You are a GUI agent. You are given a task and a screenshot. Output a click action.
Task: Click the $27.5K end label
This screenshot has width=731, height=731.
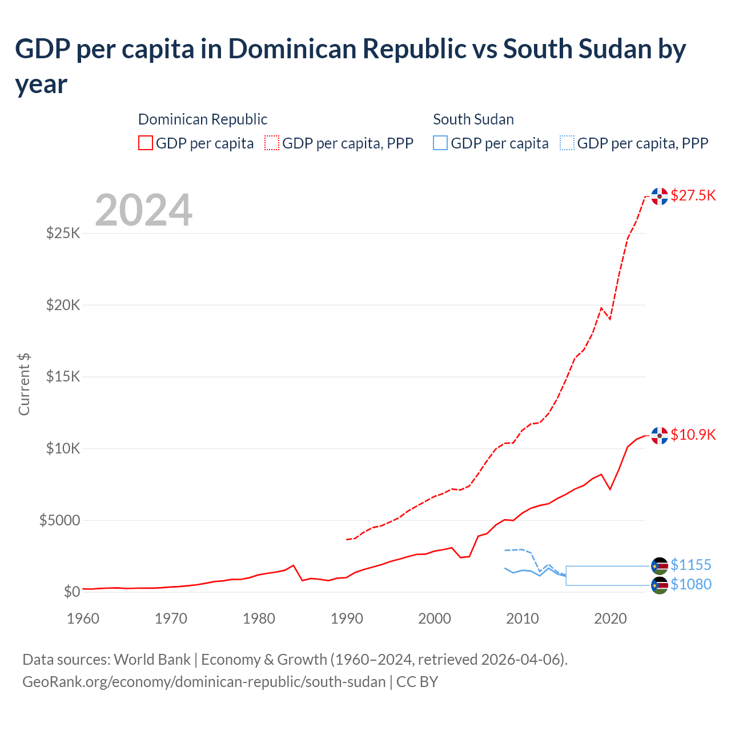click(x=693, y=195)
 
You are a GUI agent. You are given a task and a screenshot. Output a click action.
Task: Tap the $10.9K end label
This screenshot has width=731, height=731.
click(x=693, y=435)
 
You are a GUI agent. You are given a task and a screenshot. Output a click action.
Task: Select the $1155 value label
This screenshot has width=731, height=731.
click(x=690, y=565)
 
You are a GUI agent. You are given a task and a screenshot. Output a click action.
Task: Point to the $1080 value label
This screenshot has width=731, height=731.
click(x=690, y=584)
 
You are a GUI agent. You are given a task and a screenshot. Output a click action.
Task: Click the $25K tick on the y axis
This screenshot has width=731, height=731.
click(x=63, y=233)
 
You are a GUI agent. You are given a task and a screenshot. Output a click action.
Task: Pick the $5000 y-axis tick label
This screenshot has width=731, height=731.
click(x=59, y=520)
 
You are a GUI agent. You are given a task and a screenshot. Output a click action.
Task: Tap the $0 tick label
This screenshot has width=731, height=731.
click(x=71, y=592)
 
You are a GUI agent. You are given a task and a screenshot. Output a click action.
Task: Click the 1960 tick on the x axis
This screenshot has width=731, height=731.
click(x=83, y=618)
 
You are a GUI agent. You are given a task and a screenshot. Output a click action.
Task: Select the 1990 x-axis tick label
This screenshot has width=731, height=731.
click(x=347, y=618)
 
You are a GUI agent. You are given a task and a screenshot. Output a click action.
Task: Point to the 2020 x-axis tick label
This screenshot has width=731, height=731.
click(x=610, y=618)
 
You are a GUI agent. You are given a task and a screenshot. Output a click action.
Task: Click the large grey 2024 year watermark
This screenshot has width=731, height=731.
click(x=143, y=210)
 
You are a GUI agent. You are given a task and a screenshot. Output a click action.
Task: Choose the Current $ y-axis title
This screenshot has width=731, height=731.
click(x=24, y=384)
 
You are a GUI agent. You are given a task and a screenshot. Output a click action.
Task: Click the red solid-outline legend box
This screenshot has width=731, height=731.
click(x=146, y=143)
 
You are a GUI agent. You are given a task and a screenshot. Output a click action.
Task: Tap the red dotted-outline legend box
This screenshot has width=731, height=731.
click(x=272, y=143)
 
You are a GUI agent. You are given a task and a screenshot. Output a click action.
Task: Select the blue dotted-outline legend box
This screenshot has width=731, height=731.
click(x=567, y=143)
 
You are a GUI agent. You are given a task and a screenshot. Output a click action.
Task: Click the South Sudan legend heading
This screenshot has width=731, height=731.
click(x=473, y=119)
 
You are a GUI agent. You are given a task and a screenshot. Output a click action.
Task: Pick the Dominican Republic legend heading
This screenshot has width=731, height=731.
click(x=203, y=119)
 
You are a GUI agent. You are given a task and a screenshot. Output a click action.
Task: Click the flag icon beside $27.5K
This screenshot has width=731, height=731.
click(x=660, y=196)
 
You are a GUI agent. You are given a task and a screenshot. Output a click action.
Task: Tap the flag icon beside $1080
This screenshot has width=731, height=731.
click(x=660, y=585)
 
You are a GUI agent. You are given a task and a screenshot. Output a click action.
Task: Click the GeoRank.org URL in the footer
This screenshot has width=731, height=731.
click(x=204, y=682)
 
